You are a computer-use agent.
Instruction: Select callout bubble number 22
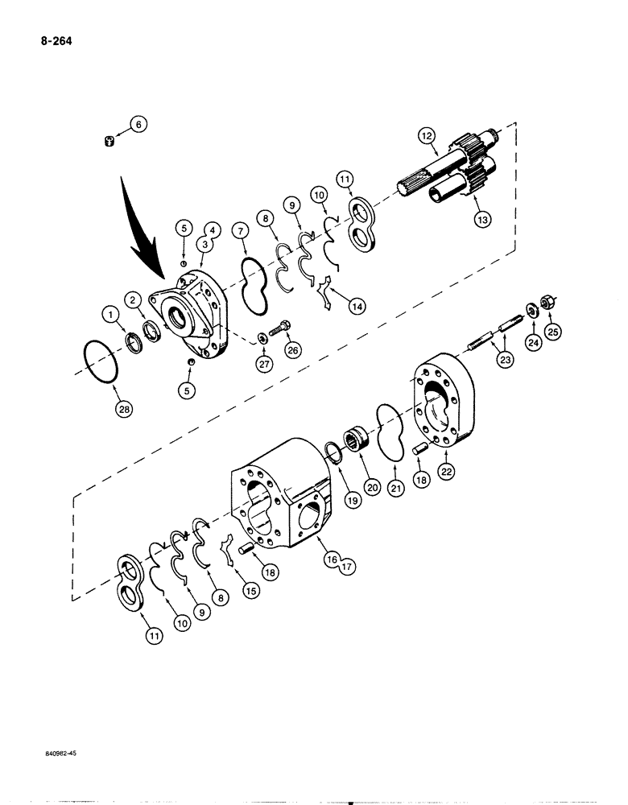click(x=444, y=469)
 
